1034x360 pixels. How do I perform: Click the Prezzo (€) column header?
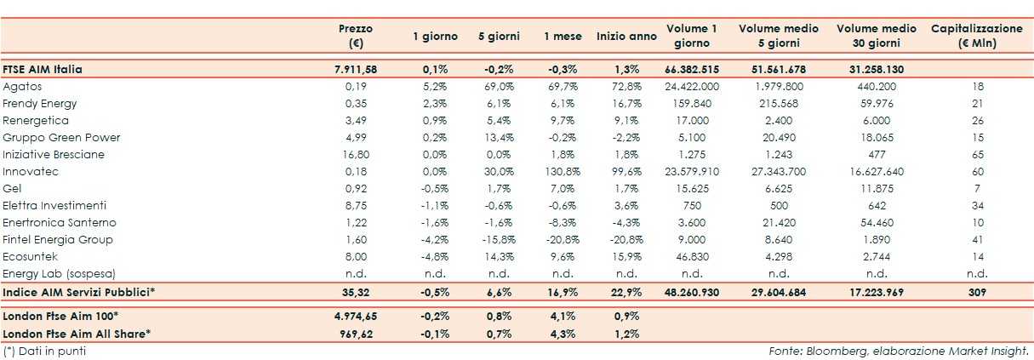click(355, 36)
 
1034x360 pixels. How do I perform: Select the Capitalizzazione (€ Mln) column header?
click(976, 36)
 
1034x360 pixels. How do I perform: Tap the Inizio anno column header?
click(626, 37)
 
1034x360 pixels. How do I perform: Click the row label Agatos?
click(23, 87)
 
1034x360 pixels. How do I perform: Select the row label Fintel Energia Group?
click(58, 239)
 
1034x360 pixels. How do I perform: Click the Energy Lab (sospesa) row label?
click(59, 273)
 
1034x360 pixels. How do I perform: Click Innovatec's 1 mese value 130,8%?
click(563, 171)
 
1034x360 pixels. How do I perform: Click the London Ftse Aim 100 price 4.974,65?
click(351, 316)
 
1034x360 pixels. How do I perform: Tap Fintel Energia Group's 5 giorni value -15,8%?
click(496, 239)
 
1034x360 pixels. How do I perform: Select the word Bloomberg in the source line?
click(826, 350)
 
